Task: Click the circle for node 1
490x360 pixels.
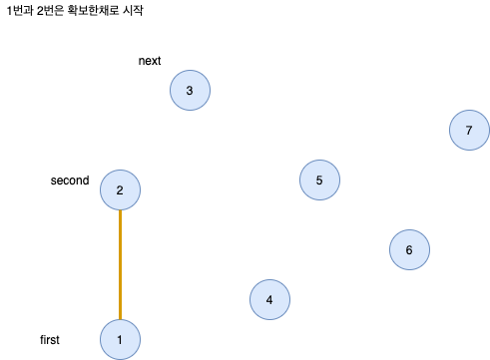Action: [x=120, y=340]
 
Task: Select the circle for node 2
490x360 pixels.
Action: [x=120, y=190]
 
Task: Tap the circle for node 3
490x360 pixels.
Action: [x=190, y=91]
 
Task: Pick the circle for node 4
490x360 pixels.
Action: [x=269, y=300]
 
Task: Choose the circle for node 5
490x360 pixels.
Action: [x=319, y=180]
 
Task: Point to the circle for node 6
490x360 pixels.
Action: [x=409, y=250]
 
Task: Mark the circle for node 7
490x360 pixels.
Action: [x=469, y=131]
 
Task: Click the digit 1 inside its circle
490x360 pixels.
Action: [x=120, y=340]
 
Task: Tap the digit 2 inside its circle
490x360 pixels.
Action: [x=120, y=190]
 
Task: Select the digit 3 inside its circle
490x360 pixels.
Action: [x=190, y=91]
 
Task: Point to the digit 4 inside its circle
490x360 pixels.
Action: [x=269, y=300]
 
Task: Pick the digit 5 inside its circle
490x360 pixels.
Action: [x=319, y=180]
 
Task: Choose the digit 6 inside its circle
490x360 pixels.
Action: [x=409, y=250]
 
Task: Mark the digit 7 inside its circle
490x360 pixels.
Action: [x=469, y=131]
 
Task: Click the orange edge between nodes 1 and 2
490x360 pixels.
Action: [x=120, y=265]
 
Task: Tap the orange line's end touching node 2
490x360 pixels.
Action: [x=120, y=212]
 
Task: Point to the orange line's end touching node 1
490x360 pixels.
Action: [x=120, y=319]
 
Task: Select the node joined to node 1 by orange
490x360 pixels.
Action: [x=120, y=190]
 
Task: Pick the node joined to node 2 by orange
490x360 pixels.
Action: [x=120, y=340]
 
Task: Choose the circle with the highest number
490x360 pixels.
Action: [x=469, y=131]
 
